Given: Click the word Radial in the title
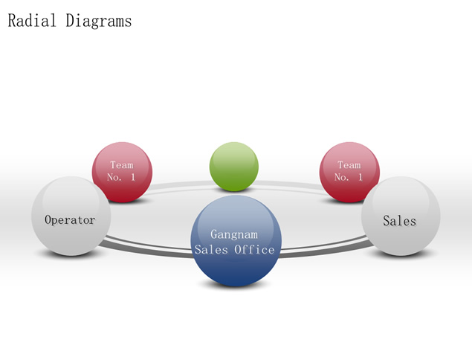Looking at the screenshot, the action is click(32, 21).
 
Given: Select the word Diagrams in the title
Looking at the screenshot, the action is click(99, 21).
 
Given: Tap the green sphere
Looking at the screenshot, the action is click(234, 167).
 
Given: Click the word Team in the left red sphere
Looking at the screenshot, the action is click(122, 165).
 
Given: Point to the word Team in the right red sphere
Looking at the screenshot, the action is click(349, 165).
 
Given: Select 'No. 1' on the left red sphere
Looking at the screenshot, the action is click(121, 177).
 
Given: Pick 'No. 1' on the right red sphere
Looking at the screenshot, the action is click(349, 177).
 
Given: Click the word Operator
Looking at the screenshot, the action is click(70, 220).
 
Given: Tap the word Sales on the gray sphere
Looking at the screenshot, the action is click(399, 221).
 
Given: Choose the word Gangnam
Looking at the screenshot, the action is click(234, 234).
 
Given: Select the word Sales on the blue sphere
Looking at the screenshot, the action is click(211, 249).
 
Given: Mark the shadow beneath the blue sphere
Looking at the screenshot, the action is click(234, 284).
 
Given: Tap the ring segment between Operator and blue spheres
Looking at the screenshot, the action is click(147, 249).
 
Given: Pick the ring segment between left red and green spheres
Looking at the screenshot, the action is click(181, 184).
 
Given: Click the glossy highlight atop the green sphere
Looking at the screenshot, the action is click(234, 152).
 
